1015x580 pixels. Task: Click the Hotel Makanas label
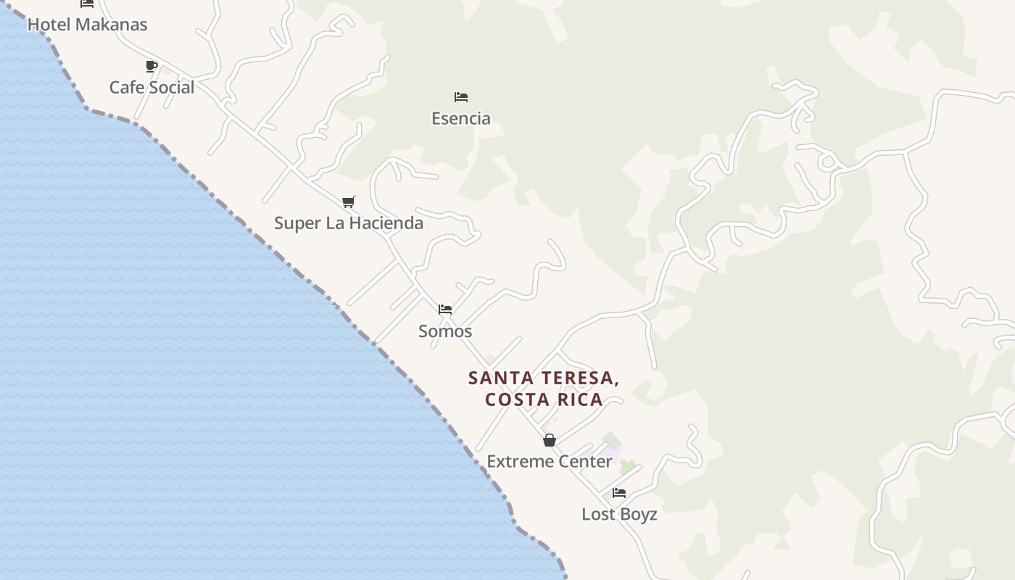(x=87, y=25)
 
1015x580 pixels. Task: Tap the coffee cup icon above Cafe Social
(x=152, y=67)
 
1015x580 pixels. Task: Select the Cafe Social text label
(x=152, y=88)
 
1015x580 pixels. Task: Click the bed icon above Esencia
(x=461, y=97)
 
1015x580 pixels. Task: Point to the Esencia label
(x=461, y=118)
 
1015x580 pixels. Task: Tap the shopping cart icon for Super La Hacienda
(x=349, y=202)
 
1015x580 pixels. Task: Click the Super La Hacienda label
(x=349, y=223)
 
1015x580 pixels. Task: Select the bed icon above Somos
(x=445, y=310)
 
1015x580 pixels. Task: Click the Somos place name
(x=445, y=331)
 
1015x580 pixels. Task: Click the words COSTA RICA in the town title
(x=544, y=399)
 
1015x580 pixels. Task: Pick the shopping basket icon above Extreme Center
(x=550, y=440)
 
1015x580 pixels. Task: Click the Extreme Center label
(x=550, y=462)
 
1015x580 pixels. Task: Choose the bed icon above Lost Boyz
(x=619, y=493)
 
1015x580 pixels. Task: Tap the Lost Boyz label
(x=619, y=515)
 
